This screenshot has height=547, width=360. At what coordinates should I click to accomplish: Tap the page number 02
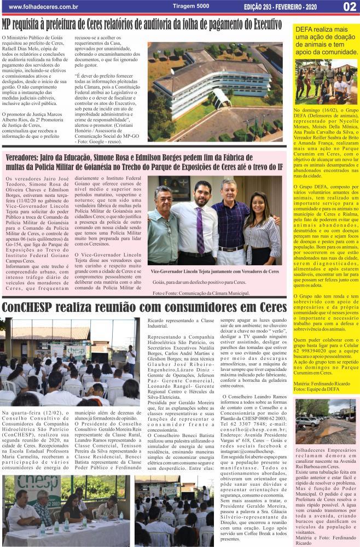[349, 7]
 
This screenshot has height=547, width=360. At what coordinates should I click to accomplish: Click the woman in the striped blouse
[263, 230]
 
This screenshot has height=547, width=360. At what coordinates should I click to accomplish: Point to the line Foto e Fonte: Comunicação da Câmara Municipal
[201, 293]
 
